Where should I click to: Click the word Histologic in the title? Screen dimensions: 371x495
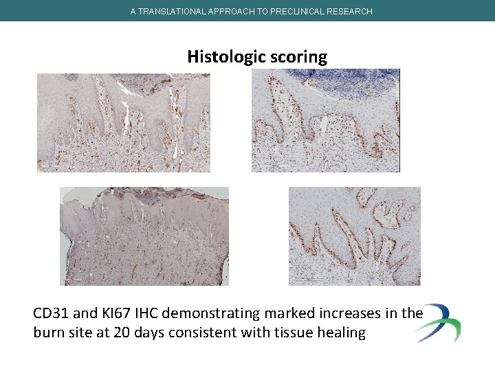coord(221,56)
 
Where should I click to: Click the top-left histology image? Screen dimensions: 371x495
coord(124,122)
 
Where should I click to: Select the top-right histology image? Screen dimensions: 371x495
coord(326,120)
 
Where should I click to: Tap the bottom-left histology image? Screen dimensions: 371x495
coord(144,236)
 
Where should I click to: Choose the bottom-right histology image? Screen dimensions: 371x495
coord(354,236)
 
